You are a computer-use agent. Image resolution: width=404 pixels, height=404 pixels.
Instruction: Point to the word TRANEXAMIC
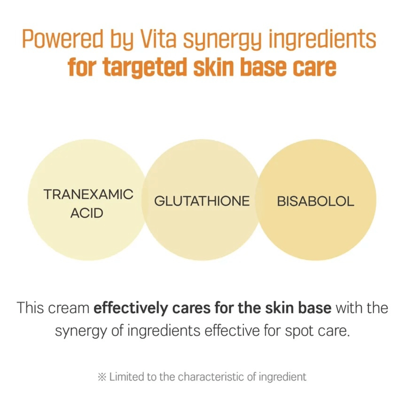tap(89, 194)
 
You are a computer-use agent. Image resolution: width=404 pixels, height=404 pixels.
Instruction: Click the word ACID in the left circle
tap(87, 213)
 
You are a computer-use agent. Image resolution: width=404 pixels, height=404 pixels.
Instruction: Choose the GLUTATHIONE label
tap(202, 201)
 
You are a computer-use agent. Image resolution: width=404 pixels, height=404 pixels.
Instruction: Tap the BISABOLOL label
tap(315, 201)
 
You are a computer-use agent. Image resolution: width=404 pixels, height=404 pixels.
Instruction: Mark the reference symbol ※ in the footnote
tap(101, 377)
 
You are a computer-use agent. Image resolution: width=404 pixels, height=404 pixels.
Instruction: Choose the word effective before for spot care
tap(229, 331)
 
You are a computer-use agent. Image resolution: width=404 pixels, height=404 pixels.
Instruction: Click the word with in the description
tap(348, 308)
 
